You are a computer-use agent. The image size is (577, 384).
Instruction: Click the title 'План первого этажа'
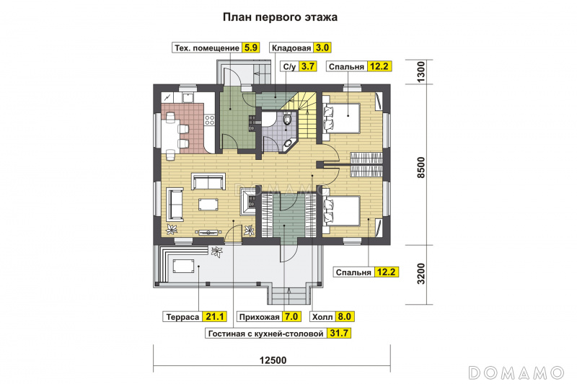pyautogui.click(x=280, y=17)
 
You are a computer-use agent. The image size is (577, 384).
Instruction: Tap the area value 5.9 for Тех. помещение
pyautogui.click(x=250, y=48)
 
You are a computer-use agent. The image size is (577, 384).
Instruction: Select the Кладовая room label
pyautogui.click(x=291, y=48)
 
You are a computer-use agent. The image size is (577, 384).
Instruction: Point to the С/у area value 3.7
pyautogui.click(x=308, y=66)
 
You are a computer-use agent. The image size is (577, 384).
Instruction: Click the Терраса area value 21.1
pyautogui.click(x=214, y=316)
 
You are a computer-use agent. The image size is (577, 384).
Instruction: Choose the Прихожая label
pyautogui.click(x=260, y=317)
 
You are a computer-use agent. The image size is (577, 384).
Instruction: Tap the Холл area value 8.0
pyautogui.click(x=344, y=316)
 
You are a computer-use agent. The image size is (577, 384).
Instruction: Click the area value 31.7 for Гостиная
pyautogui.click(x=338, y=333)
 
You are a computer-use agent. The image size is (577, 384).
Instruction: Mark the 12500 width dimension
pyautogui.click(x=273, y=360)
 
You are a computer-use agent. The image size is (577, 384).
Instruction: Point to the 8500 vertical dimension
pyautogui.click(x=420, y=168)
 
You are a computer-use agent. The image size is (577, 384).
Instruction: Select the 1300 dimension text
pyautogui.click(x=420, y=71)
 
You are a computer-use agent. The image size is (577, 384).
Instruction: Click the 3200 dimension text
pyautogui.click(x=420, y=274)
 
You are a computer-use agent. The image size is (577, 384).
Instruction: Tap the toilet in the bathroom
pyautogui.click(x=287, y=118)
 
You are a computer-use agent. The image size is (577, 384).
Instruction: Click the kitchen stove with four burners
pyautogui.click(x=209, y=120)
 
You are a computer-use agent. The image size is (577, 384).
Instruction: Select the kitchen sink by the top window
pyautogui.click(x=188, y=97)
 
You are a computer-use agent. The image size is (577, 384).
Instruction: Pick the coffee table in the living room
pyautogui.click(x=208, y=204)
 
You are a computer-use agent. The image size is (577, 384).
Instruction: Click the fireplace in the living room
pyautogui.click(x=249, y=201)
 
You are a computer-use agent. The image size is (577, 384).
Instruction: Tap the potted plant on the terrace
pyautogui.click(x=216, y=251)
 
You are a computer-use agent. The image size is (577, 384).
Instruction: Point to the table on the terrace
pyautogui.click(x=183, y=266)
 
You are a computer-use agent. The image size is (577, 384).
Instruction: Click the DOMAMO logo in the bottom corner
pyautogui.click(x=516, y=372)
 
